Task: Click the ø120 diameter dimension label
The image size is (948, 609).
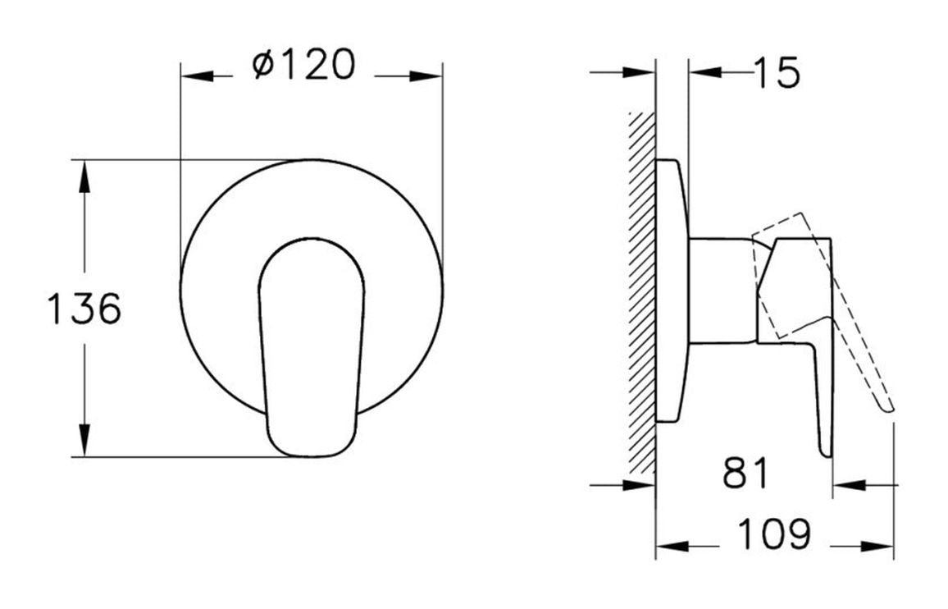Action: click(304, 65)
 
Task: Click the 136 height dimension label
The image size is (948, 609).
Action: click(84, 309)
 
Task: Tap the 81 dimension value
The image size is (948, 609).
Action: click(745, 474)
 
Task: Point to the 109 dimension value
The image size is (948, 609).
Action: click(773, 536)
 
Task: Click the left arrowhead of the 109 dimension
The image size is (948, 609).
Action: click(672, 546)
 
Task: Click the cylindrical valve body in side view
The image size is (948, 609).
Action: click(719, 291)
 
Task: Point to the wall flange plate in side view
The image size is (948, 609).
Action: click(670, 291)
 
